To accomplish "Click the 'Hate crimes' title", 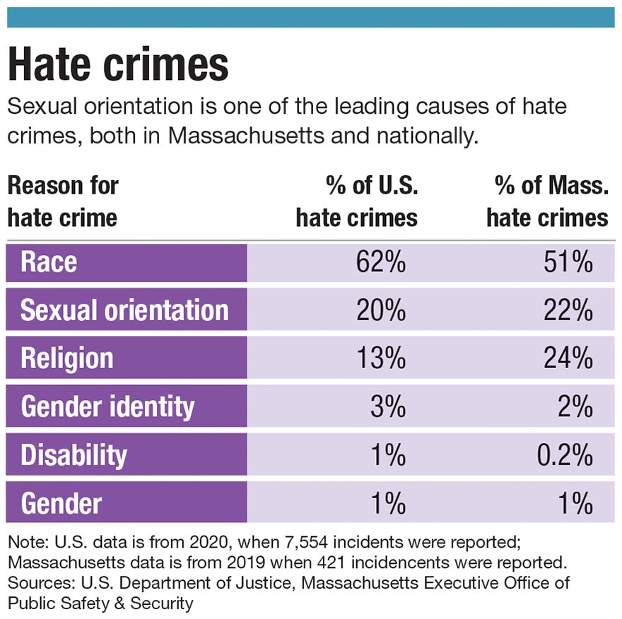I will coord(118,64).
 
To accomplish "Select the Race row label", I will coord(49,263).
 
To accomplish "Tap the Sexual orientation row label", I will coord(124,311).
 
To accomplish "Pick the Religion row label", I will coord(66,358).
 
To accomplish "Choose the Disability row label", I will coord(74,455).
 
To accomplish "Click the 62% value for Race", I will coord(382,263).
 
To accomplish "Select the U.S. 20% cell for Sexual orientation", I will coord(382,311).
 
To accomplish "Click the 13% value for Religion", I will coord(382,358).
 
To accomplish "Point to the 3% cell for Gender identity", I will coord(388,406).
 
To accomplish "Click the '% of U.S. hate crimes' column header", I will coord(357,201).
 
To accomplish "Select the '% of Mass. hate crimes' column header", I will coord(547,201).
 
